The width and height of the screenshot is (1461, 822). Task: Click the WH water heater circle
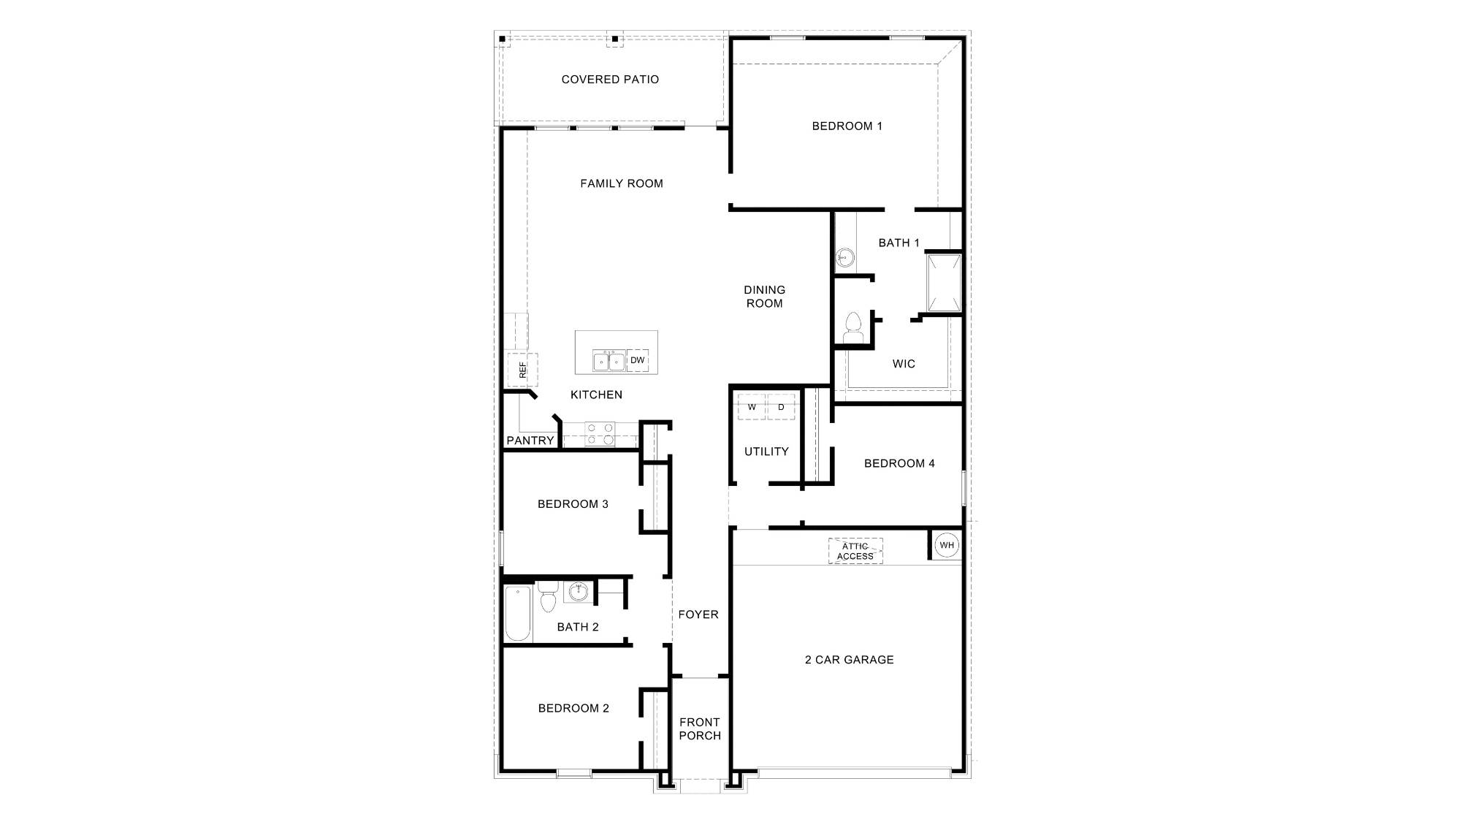[x=947, y=545]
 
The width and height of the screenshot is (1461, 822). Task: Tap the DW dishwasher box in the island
[x=638, y=360]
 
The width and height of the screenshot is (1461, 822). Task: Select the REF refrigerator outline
[x=523, y=370]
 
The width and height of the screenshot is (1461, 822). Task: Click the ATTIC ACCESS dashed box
[x=855, y=551]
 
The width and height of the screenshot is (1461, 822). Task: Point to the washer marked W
[x=752, y=407]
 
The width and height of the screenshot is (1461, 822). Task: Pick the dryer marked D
[x=781, y=407]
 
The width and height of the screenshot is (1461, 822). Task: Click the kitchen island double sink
[x=609, y=361]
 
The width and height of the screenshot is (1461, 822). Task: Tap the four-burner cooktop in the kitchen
[x=600, y=434]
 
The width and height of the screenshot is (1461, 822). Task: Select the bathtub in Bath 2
[x=517, y=614]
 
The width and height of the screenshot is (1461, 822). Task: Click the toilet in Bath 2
[x=548, y=597]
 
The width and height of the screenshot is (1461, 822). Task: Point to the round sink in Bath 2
[x=579, y=591]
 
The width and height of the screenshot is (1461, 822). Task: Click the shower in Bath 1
[x=944, y=283]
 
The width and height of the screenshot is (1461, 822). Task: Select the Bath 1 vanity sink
[x=844, y=256]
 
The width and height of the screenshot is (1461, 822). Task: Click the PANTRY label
[x=530, y=441]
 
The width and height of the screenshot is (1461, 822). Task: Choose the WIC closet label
[x=904, y=364]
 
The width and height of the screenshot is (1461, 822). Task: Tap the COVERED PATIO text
[x=610, y=80]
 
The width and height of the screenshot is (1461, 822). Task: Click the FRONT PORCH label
[x=700, y=728]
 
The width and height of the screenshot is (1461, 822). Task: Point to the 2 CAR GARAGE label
[x=849, y=660]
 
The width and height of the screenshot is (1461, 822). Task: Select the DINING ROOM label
[x=764, y=297]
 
